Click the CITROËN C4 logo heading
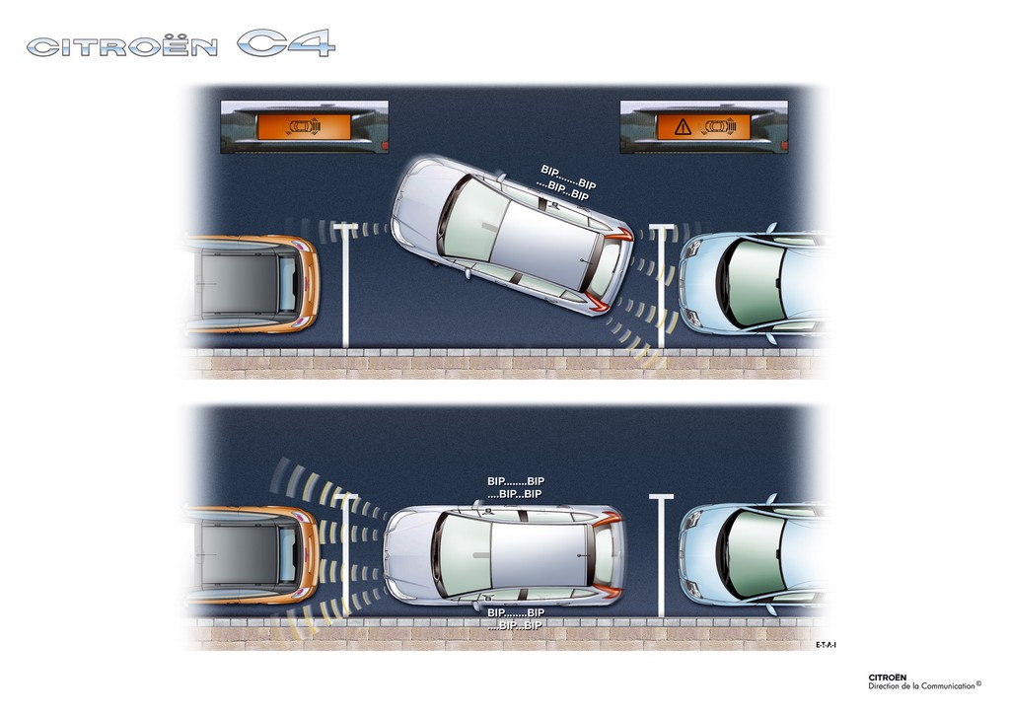point(181,43)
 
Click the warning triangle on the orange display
point(683,127)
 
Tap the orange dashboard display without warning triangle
point(304,127)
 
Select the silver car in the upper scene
point(512,236)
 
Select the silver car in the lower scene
point(504,554)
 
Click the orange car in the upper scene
point(252,284)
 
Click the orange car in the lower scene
point(252,554)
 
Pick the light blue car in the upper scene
point(753,284)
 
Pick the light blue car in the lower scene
point(753,554)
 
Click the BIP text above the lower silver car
point(515,487)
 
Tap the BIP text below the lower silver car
point(515,618)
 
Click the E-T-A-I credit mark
point(826,644)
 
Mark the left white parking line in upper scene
point(346,285)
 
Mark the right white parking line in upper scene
point(662,287)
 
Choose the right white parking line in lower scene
point(662,556)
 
